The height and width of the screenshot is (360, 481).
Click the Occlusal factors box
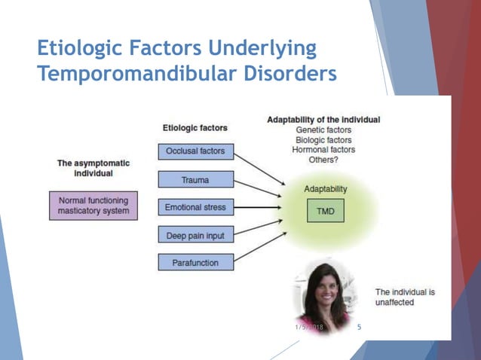click(196, 151)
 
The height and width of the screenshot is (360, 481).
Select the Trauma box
click(196, 179)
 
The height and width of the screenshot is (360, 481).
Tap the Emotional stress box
click(196, 206)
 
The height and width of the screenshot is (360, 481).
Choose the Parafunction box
click(196, 262)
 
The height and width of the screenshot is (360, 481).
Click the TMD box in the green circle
click(325, 212)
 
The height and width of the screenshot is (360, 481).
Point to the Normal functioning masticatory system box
click(94, 206)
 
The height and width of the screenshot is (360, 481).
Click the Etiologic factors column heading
click(195, 128)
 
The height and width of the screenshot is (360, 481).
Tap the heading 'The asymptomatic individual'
click(93, 168)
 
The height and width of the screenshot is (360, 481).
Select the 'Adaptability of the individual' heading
click(323, 120)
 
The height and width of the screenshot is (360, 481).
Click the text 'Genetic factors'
click(323, 130)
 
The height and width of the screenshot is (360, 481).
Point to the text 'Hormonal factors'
click(323, 149)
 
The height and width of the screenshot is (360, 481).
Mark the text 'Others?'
click(323, 159)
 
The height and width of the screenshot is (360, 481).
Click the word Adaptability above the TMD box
click(325, 188)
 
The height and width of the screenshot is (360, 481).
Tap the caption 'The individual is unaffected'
click(405, 297)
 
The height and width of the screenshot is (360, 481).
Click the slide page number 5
click(359, 327)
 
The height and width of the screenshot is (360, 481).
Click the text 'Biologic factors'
click(323, 139)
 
